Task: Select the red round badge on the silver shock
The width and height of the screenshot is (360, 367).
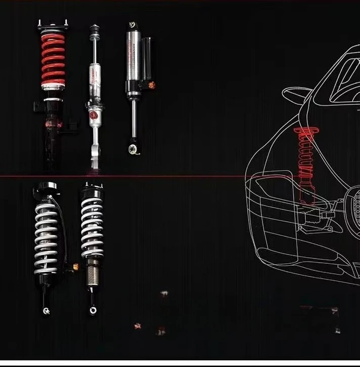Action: pos(94,116)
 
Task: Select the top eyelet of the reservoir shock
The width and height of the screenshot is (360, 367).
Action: pos(132,24)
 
